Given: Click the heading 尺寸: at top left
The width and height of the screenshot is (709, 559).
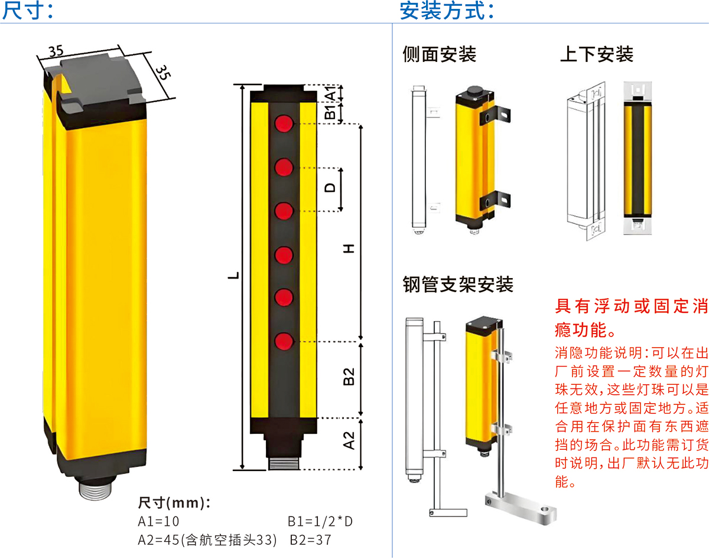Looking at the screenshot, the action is coord(28,11).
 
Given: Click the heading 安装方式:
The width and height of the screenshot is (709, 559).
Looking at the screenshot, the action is coord(447,11).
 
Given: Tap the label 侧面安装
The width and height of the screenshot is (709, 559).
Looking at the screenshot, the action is coord(440,54).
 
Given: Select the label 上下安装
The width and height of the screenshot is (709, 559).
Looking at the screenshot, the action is coord(597,54).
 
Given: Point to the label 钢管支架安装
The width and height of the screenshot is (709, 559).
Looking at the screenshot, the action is coord(458,285).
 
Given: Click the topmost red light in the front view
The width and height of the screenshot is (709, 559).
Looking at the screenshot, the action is coord(284,123).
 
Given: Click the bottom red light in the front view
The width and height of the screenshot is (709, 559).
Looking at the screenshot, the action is coord(284,341).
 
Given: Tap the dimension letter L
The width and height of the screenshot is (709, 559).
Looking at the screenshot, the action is coord(233,276).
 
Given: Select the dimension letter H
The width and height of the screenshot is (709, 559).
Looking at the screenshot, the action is coord(349,249).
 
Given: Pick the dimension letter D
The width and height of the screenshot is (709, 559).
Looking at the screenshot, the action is coord(330,188).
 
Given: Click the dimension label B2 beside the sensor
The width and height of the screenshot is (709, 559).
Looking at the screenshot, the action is coord(349,377).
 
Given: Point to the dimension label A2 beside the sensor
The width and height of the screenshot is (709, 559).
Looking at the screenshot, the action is coord(349,440).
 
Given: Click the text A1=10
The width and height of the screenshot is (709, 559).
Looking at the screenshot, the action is coord(158,521).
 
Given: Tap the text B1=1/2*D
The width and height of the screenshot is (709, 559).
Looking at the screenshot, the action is coord(320,521).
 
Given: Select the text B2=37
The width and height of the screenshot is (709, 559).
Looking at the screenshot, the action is coord(310,540).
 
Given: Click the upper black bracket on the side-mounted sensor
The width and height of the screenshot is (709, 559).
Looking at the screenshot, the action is coord(495,115).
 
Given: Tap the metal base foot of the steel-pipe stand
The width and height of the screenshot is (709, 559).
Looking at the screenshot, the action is coord(521,507).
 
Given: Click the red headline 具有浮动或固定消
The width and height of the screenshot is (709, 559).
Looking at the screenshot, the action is coord(631,306).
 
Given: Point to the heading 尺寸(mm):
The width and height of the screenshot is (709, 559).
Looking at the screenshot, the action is coord(174,503).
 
